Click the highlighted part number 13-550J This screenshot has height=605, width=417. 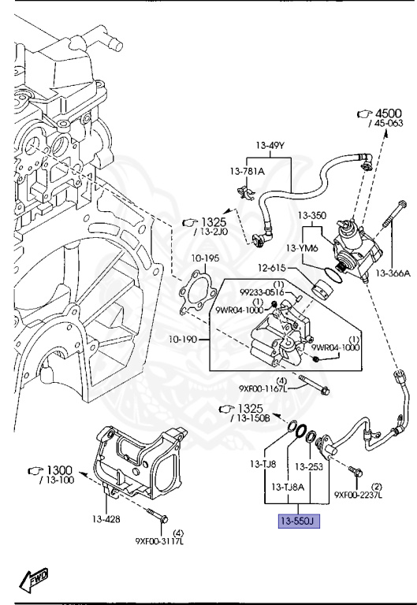[x=296, y=521]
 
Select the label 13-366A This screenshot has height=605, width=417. [x=393, y=273]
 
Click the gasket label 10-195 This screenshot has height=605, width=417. [x=204, y=258]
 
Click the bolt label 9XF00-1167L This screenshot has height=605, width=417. [x=260, y=388]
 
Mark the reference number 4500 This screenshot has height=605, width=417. [x=388, y=113]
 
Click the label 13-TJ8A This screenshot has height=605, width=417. [x=289, y=488]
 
